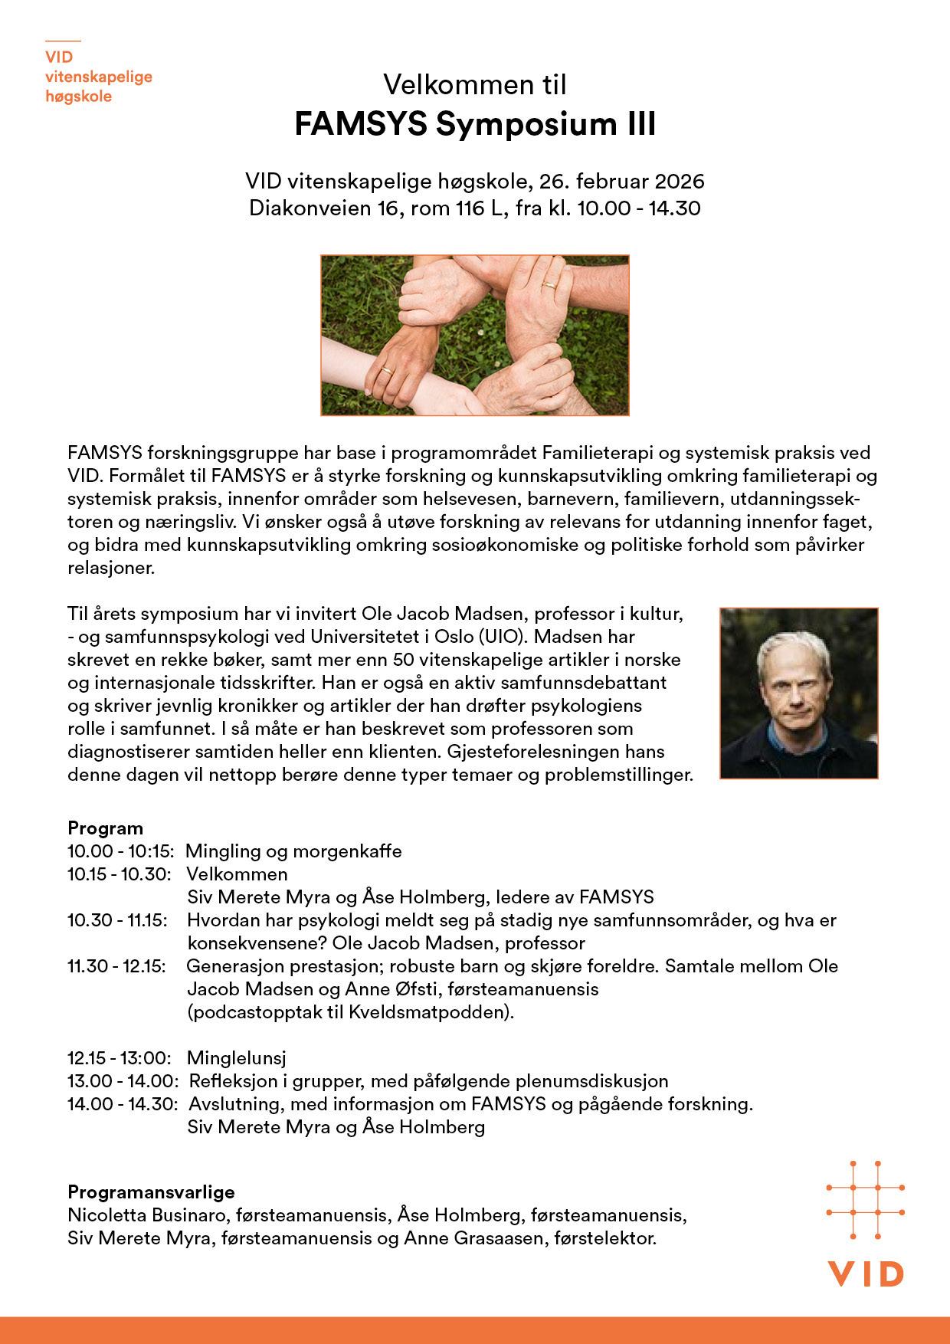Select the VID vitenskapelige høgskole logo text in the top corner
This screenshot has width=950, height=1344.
pyautogui.click(x=98, y=77)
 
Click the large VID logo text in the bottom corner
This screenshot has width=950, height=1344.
pyautogui.click(x=866, y=1274)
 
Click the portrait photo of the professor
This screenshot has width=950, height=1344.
pyautogui.click(x=799, y=693)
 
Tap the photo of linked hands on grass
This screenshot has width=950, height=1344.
pyautogui.click(x=475, y=335)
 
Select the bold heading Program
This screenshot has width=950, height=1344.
pyautogui.click(x=106, y=828)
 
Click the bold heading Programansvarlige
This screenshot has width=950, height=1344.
pyautogui.click(x=151, y=1192)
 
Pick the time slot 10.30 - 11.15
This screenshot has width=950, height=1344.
pyautogui.click(x=117, y=920)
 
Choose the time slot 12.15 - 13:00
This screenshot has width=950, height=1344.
pyautogui.click(x=119, y=1058)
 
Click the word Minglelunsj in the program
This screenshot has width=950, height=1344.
pyautogui.click(x=236, y=1058)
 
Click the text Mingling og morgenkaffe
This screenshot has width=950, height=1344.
pyautogui.click(x=294, y=851)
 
